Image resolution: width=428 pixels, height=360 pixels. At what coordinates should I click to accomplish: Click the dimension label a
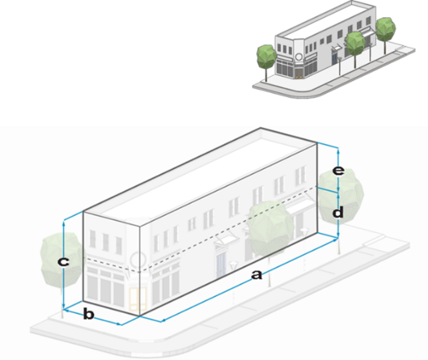pos(258,275)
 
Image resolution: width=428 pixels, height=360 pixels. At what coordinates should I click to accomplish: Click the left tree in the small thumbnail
pos(266,54)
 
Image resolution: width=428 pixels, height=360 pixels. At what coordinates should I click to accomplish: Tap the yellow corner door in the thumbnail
pos(299,71)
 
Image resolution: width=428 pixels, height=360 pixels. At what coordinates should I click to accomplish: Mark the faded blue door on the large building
pos(221,259)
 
